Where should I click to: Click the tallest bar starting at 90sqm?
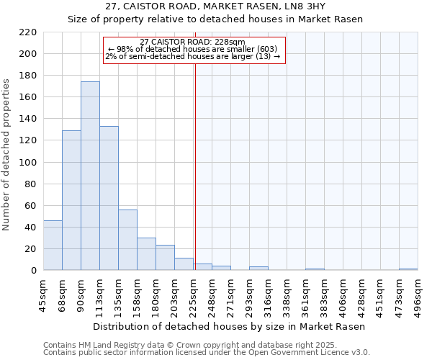pyautogui.click(x=90, y=176)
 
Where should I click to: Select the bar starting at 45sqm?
pyautogui.click(x=53, y=246)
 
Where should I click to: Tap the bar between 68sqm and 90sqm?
pyautogui.click(x=71, y=200)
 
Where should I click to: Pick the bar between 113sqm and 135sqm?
pyautogui.click(x=109, y=198)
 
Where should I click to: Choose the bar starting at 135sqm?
pyautogui.click(x=127, y=240)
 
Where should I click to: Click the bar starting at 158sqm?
pyautogui.click(x=146, y=254)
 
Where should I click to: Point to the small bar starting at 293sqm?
pyautogui.click(x=258, y=269)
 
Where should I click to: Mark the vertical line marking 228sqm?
pyautogui.click(x=194, y=166)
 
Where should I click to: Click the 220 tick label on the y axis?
pyautogui.click(x=27, y=32)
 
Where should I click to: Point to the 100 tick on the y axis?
pyautogui.click(x=27, y=163)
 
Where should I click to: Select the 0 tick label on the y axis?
pyautogui.click(x=33, y=271)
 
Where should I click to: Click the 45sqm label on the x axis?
pyautogui.click(x=44, y=296)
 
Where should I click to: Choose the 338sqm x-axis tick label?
pyautogui.click(x=287, y=296)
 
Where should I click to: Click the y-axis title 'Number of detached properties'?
pyautogui.click(x=6, y=155)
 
